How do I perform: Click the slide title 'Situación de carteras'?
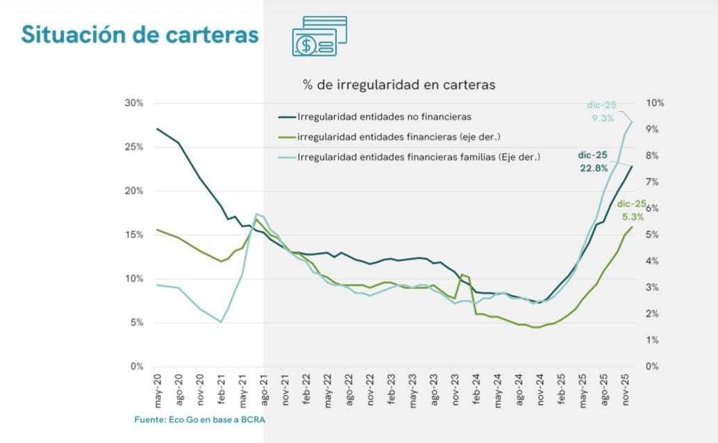[x=140, y=34]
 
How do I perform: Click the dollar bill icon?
[x=319, y=36]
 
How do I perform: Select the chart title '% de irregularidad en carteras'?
[x=399, y=85]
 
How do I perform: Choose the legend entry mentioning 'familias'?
[x=418, y=157]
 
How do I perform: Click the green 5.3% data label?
[x=631, y=210]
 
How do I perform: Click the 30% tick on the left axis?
[x=133, y=103]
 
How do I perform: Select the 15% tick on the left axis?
[x=133, y=235]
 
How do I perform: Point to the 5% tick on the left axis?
[x=135, y=323]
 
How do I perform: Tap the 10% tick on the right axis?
[x=655, y=103]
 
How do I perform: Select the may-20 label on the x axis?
[x=158, y=390]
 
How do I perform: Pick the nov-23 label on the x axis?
[x=456, y=390]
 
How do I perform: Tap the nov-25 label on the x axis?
[x=626, y=390]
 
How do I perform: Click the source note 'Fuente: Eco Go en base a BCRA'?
[x=200, y=420]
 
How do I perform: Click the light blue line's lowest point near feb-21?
[x=221, y=321]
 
